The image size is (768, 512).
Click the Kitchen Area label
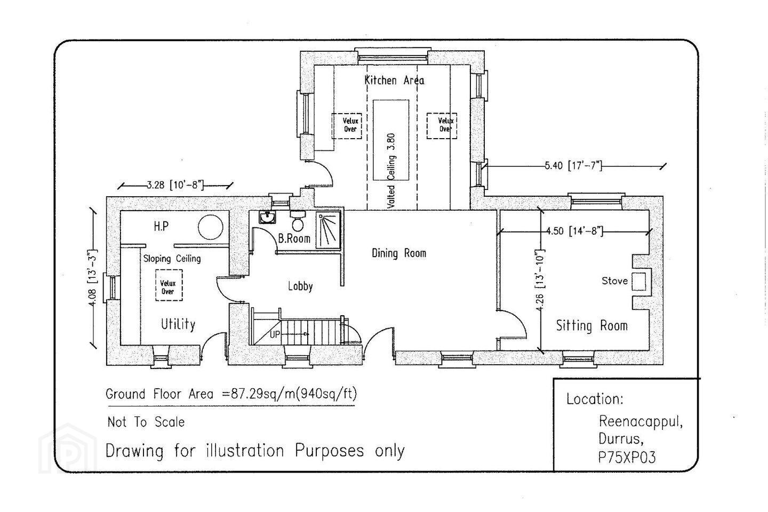click(x=394, y=80)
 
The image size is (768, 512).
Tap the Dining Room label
click(x=399, y=253)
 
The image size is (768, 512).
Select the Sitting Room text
click(x=592, y=325)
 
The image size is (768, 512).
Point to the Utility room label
click(x=178, y=324)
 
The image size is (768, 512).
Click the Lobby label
click(x=300, y=286)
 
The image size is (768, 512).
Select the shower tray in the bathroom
click(x=328, y=230)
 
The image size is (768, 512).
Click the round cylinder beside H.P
click(x=211, y=227)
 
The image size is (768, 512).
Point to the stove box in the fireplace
click(x=639, y=282)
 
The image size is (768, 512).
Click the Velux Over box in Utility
click(x=169, y=285)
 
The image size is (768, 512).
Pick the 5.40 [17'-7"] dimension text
click(x=573, y=166)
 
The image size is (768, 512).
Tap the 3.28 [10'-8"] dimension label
click(x=175, y=186)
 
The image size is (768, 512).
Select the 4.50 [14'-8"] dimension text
click(x=574, y=231)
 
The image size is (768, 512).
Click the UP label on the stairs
click(x=275, y=334)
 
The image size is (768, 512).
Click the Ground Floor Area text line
click(x=231, y=394)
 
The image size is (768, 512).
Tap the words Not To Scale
click(x=146, y=422)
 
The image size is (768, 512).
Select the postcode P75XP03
click(x=627, y=457)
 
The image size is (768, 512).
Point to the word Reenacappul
click(x=641, y=422)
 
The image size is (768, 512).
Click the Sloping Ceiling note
click(x=172, y=259)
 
